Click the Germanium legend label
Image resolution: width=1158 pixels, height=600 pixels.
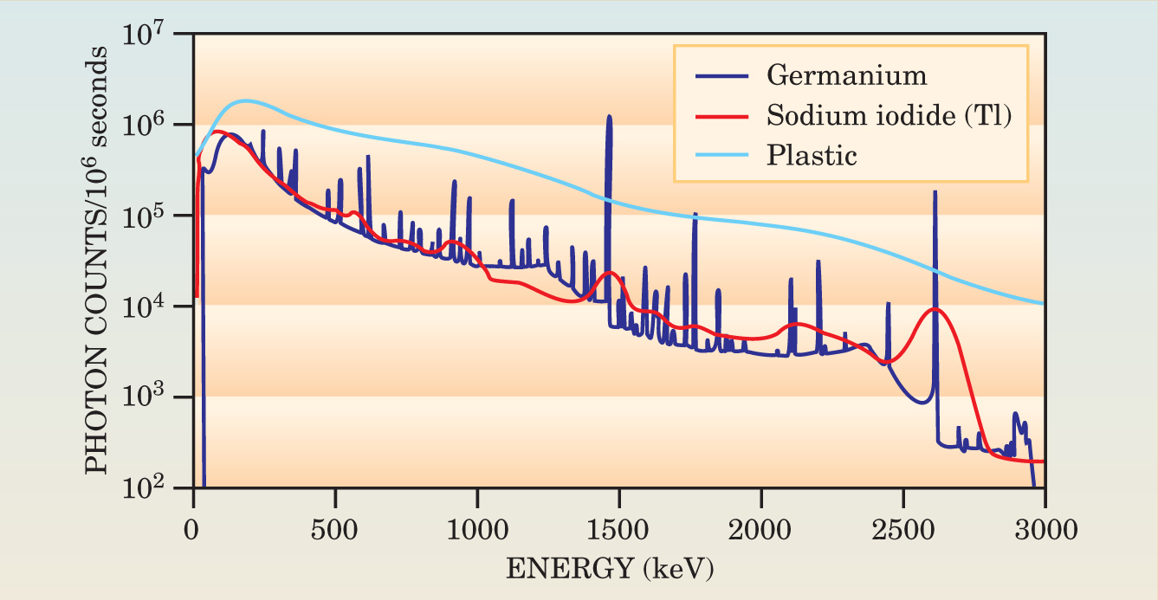[x=846, y=75]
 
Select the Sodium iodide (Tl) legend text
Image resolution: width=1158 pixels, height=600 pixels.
[x=889, y=115]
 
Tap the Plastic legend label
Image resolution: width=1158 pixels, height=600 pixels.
[x=812, y=156]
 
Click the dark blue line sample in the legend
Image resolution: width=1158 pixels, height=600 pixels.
[x=721, y=75]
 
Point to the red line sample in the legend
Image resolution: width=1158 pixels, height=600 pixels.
[x=721, y=115]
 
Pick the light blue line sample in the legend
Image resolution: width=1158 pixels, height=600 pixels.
[x=721, y=156]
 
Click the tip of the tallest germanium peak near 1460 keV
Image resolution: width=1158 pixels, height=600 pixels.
[x=610, y=117]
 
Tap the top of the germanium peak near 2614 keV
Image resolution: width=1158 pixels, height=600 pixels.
[x=935, y=192]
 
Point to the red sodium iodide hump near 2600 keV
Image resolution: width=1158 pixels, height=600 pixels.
[x=935, y=309]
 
